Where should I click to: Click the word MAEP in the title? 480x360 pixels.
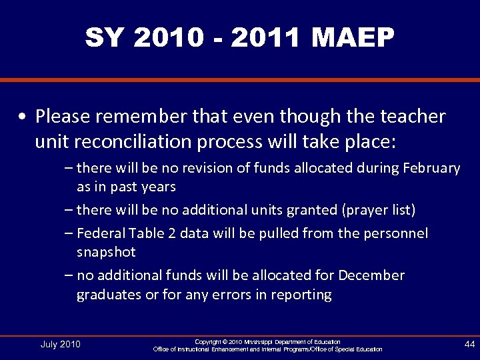coord(353,38)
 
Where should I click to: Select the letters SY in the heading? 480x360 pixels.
coord(105,38)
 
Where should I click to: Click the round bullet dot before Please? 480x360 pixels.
coord(23,117)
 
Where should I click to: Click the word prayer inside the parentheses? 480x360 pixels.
coord(367,210)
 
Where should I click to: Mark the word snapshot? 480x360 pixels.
coord(106,252)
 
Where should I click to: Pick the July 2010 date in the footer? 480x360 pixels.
coord(60,344)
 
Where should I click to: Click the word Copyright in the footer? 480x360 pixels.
coord(210,341)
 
